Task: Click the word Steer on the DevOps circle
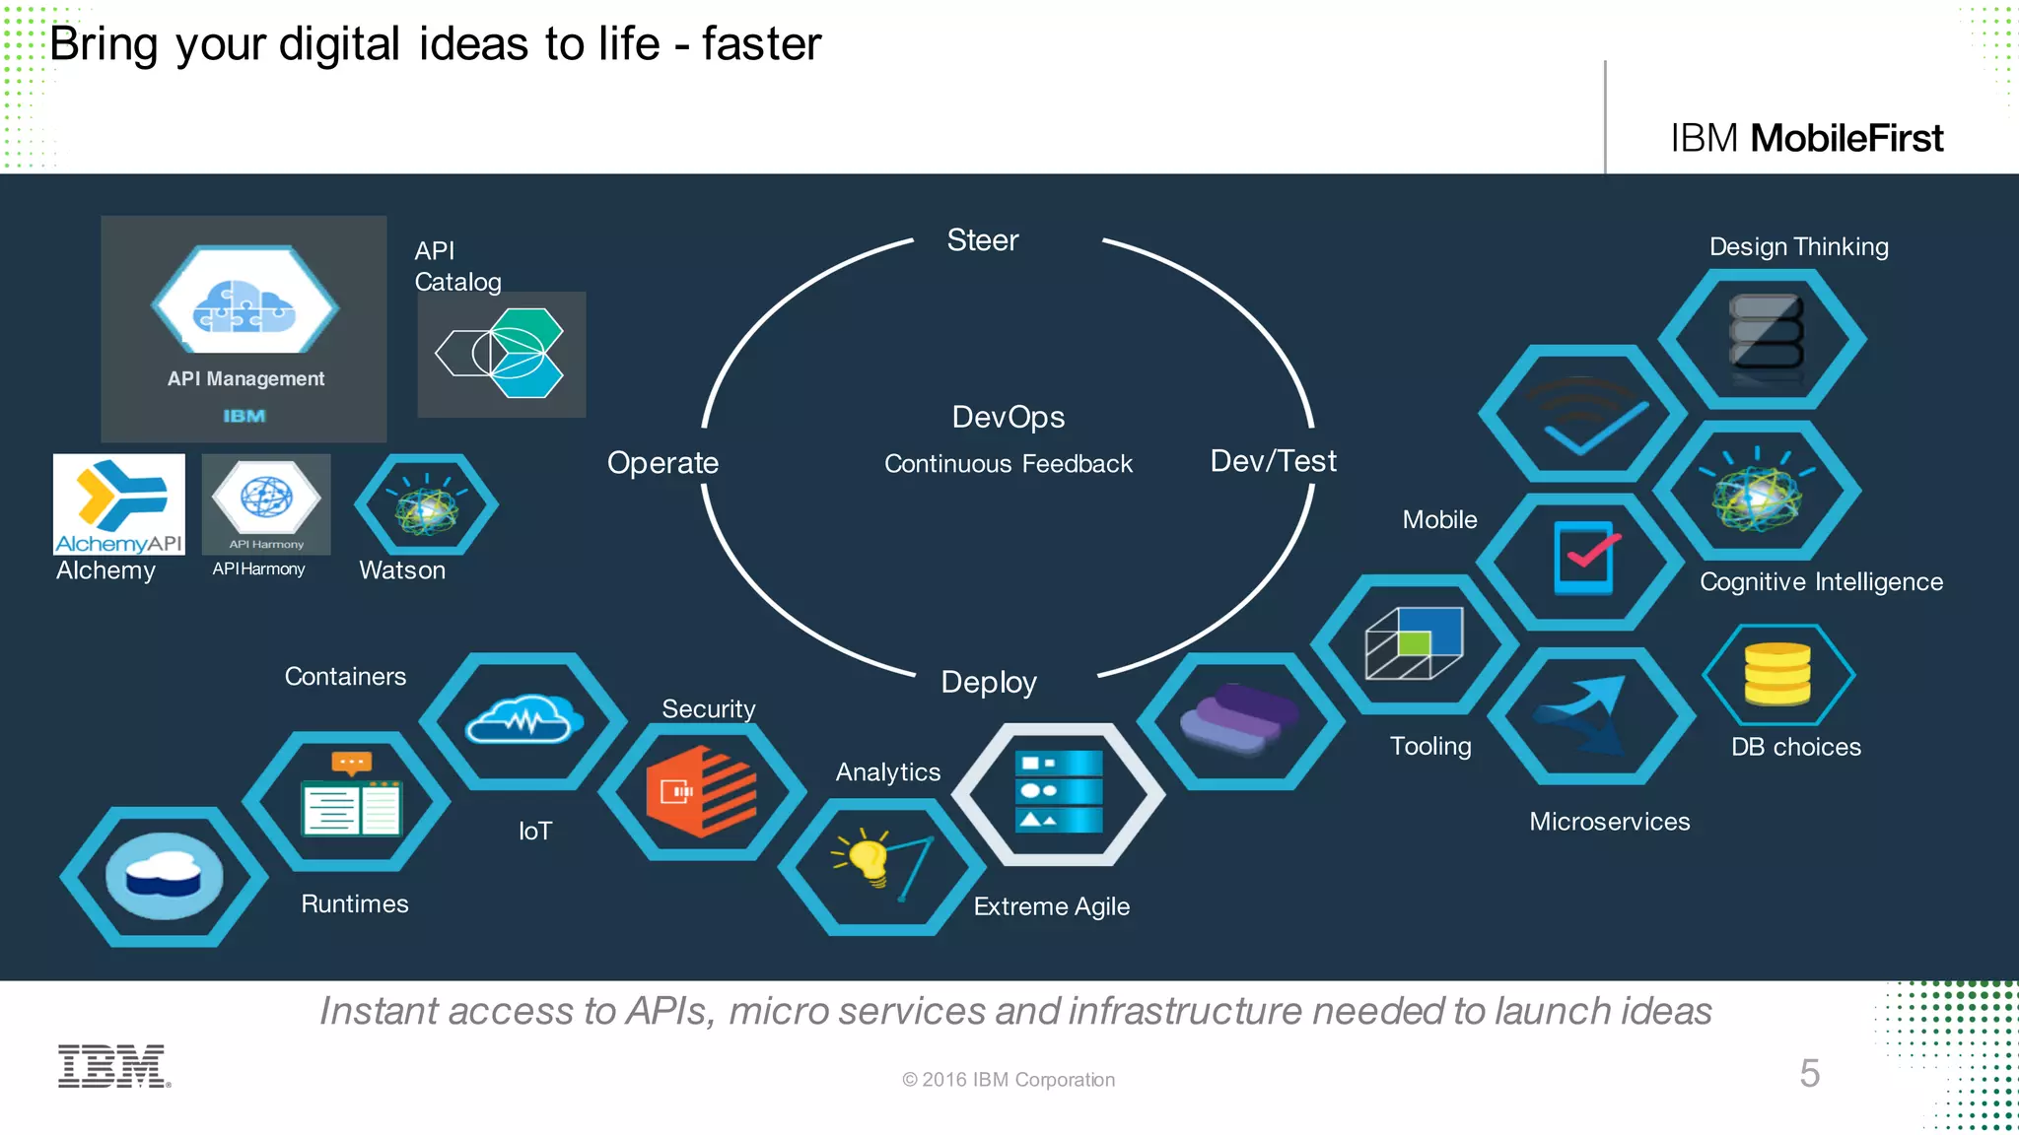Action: click(982, 240)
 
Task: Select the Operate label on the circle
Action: click(662, 463)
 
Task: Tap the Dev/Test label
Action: click(1273, 461)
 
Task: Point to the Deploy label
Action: click(988, 683)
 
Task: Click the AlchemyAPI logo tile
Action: click(118, 503)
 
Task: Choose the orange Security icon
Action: click(701, 791)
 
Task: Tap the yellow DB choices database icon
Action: click(1776, 675)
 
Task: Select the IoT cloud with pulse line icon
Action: click(523, 720)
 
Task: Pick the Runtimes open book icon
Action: click(351, 799)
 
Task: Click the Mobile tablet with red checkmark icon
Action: click(1583, 559)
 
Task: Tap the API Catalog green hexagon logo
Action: click(502, 354)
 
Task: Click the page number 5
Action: click(1809, 1073)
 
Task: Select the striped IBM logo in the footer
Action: click(114, 1066)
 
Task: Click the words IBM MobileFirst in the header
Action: click(1806, 139)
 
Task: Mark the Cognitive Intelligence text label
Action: click(1821, 582)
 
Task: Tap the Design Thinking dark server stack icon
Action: click(1765, 338)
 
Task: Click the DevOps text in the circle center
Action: click(1008, 418)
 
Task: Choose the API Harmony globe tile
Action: click(266, 502)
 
